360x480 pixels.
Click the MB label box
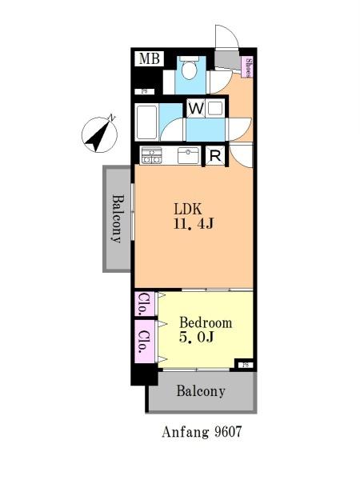click(x=150, y=58)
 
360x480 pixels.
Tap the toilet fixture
click(x=189, y=68)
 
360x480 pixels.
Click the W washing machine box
click(x=196, y=108)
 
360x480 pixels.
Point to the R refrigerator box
click(x=215, y=156)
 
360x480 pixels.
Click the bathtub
click(x=146, y=122)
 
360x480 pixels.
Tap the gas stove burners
click(x=151, y=155)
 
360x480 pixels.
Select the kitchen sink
click(x=188, y=155)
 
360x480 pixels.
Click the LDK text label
click(x=188, y=210)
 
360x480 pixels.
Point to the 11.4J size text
click(x=194, y=224)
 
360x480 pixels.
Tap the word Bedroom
click(x=206, y=323)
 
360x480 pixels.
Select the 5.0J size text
click(x=196, y=338)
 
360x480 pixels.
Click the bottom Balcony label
click(x=201, y=391)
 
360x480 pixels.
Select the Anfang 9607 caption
click(x=202, y=432)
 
